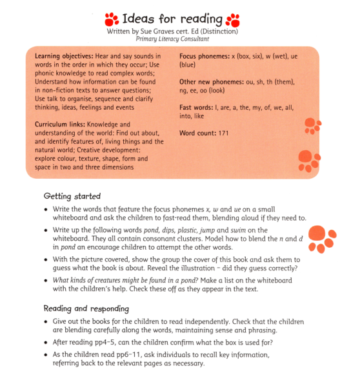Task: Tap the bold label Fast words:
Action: [195, 108]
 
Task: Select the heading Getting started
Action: [72, 196]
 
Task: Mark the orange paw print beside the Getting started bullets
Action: [321, 237]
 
